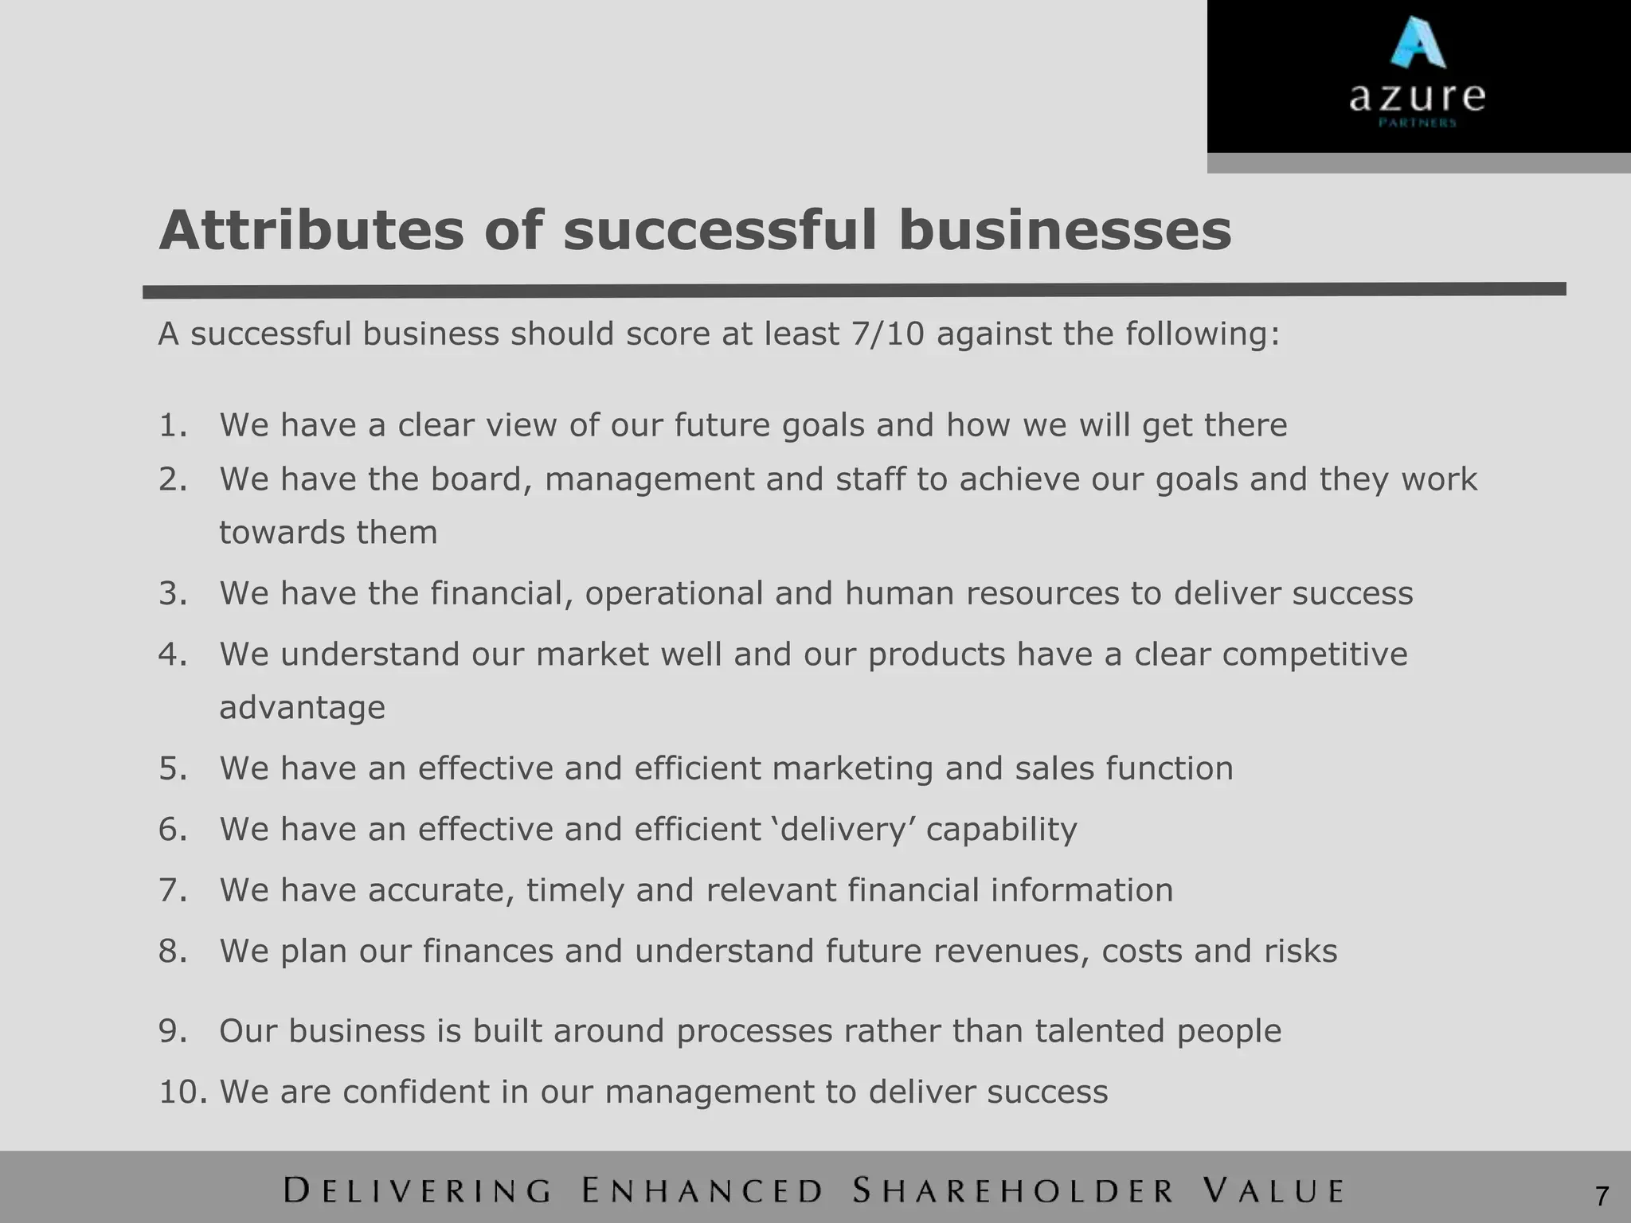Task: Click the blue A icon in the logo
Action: (x=1418, y=43)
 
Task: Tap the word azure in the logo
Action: (x=1417, y=97)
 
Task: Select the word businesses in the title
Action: (x=1065, y=231)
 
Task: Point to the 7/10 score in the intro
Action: (x=887, y=334)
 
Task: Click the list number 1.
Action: (x=172, y=425)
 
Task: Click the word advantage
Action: (x=302, y=708)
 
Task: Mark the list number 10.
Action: (x=182, y=1092)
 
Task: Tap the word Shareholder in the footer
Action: (x=1013, y=1191)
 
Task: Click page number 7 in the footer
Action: (x=1602, y=1196)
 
